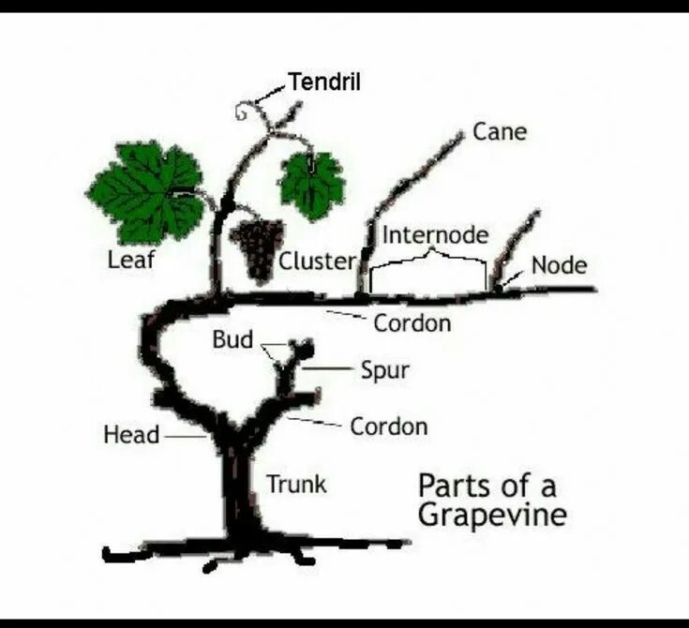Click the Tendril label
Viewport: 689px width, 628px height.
324,82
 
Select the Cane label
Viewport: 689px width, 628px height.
499,131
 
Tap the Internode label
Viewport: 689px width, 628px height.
435,234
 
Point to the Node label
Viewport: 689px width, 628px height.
559,265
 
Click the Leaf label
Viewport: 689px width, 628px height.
130,260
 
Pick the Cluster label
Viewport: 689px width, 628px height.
317,262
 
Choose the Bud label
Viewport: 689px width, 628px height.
232,339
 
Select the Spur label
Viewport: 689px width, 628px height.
385,370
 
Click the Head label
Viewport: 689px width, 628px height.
130,435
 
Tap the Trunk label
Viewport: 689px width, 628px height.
296,484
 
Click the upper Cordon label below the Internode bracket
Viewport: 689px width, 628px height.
412,323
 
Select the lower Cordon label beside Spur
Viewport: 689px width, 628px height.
388,426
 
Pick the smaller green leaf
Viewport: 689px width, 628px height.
311,182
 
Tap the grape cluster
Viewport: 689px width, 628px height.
255,248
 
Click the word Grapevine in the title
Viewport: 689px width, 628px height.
491,516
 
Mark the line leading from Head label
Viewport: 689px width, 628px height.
184,436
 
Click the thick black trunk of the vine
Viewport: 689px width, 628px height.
240,487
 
